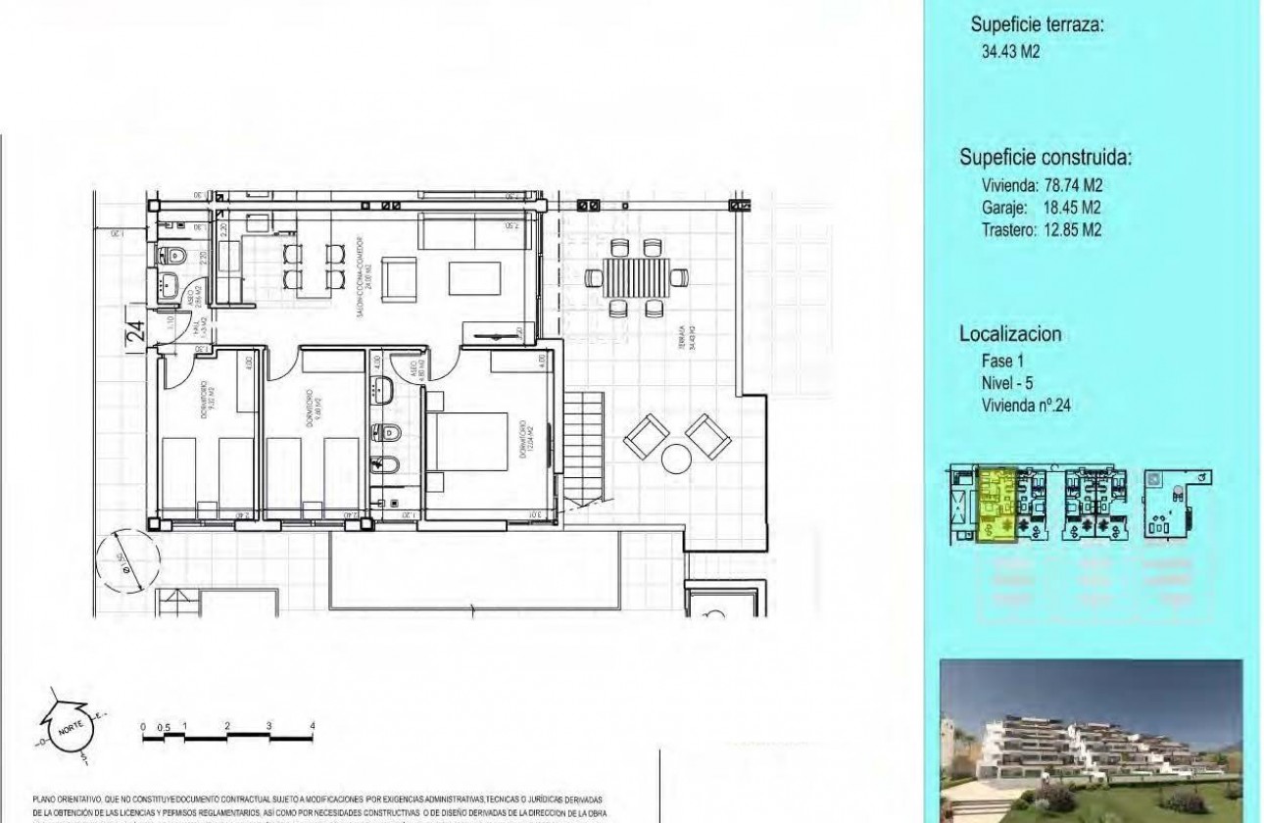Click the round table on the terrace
pyautogui.click(x=676, y=458)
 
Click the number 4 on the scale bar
pyautogui.click(x=312, y=725)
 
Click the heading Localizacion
pyautogui.click(x=1010, y=334)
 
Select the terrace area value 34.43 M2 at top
pyautogui.click(x=1010, y=52)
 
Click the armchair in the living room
pyautogui.click(x=398, y=278)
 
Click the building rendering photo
pyautogui.click(x=1090, y=740)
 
